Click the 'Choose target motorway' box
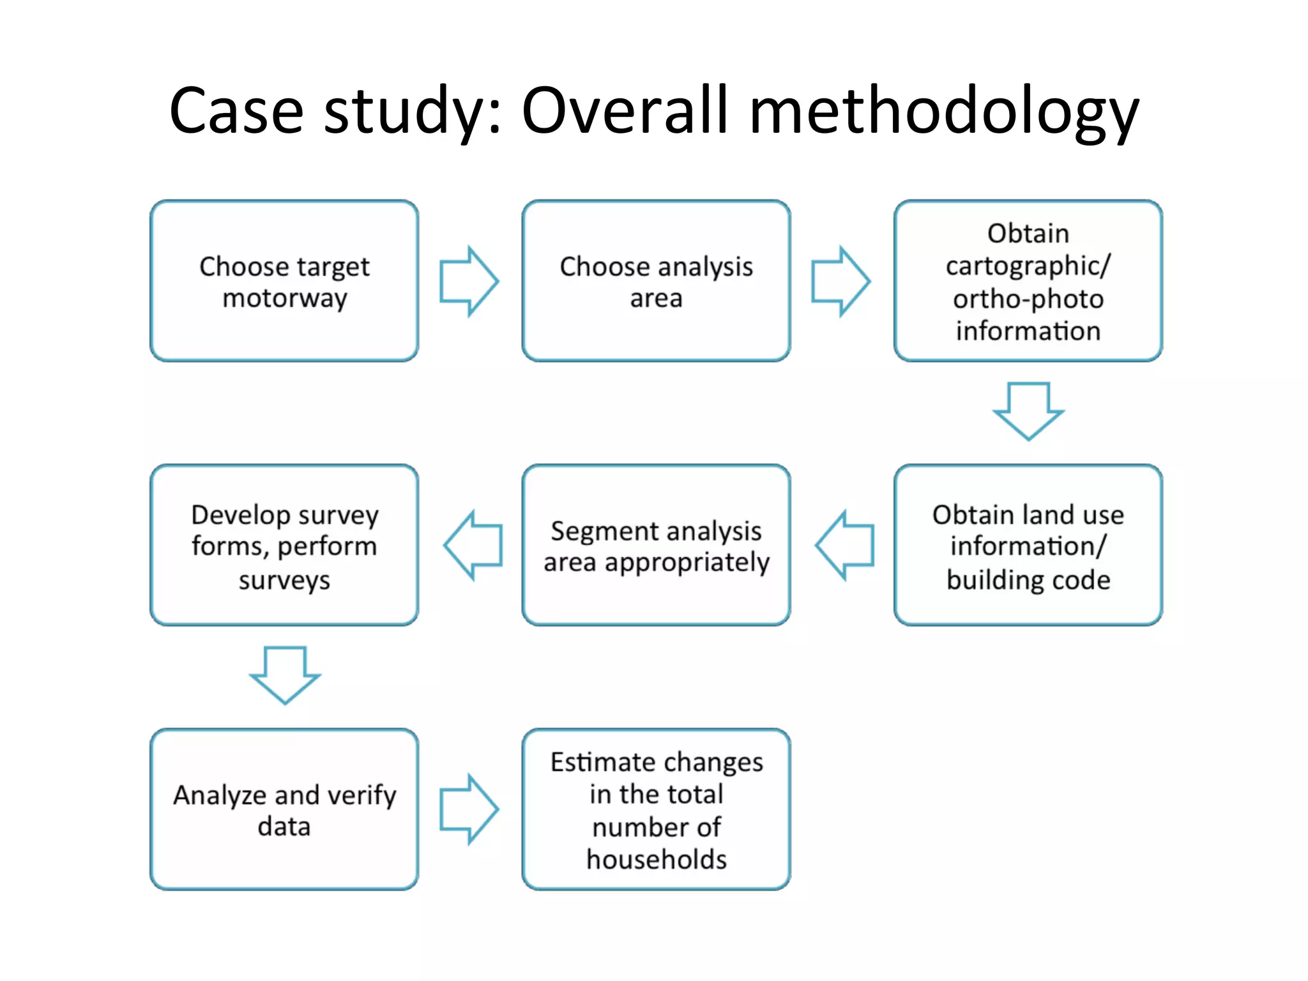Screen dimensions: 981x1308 click(284, 281)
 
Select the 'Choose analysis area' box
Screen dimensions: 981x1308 click(656, 281)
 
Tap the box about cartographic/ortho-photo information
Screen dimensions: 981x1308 click(1028, 281)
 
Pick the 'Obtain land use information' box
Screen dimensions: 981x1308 click(1028, 545)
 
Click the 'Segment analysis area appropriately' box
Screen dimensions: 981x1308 click(656, 545)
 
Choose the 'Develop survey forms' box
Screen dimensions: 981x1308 click(284, 545)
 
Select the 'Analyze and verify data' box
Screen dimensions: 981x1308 click(284, 809)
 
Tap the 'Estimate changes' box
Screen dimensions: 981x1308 click(656, 809)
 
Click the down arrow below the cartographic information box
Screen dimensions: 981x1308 click(1028, 411)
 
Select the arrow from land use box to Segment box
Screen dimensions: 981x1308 click(844, 545)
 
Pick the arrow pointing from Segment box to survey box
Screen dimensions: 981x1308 click(473, 545)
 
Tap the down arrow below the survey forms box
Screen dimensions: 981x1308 click(285, 674)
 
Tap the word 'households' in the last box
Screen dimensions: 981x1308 click(657, 859)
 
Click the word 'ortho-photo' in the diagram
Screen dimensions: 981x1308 click(1028, 299)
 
